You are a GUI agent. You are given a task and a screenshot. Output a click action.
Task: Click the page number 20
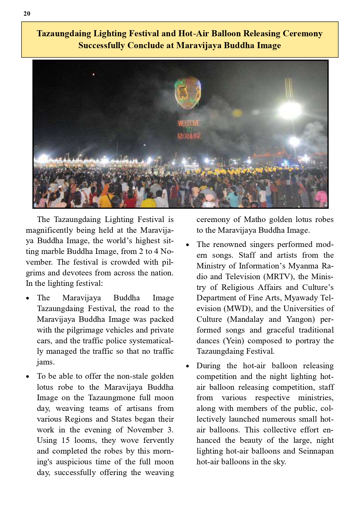tap(27, 14)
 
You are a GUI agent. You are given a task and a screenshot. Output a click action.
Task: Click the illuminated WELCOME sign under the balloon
tap(188, 123)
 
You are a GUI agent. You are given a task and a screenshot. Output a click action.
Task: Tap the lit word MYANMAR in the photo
tap(189, 136)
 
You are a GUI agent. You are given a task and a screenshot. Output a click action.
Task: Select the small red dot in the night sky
tap(93, 75)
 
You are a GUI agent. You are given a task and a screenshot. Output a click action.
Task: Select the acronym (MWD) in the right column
tap(237, 308)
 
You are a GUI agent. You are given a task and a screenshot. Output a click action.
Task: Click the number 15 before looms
tap(66, 441)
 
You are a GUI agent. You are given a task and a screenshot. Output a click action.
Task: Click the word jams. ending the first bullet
tap(46, 362)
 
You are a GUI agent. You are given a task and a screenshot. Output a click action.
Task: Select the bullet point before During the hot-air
tap(188, 366)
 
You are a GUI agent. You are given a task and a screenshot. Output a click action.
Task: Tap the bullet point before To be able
tap(28, 377)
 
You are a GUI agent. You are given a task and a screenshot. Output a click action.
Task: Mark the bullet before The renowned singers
tap(188, 245)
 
